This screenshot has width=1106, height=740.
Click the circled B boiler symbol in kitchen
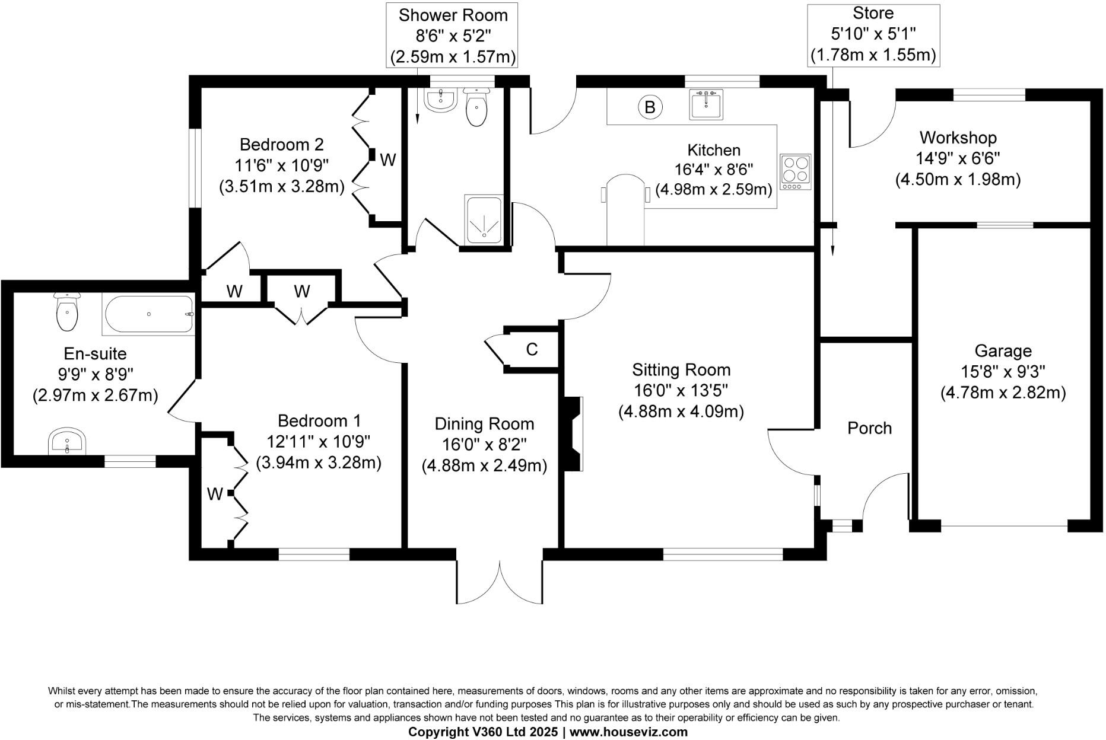650,107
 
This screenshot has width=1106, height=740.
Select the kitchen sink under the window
706,104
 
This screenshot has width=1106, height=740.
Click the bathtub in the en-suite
149,314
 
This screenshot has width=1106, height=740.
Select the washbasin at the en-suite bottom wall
67,442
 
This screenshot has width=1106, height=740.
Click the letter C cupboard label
532,350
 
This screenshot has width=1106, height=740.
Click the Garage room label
1003,351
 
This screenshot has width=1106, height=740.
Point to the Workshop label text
958,138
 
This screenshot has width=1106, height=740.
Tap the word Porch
869,428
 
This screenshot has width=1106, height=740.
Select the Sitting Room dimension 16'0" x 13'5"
681,391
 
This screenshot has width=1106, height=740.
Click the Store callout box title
873,13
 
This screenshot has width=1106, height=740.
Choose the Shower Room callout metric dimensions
453,57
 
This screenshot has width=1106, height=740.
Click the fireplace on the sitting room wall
573,434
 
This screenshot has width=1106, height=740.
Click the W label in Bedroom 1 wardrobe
215,493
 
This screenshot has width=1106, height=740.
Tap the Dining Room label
484,424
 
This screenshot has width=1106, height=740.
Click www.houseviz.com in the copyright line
628,732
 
